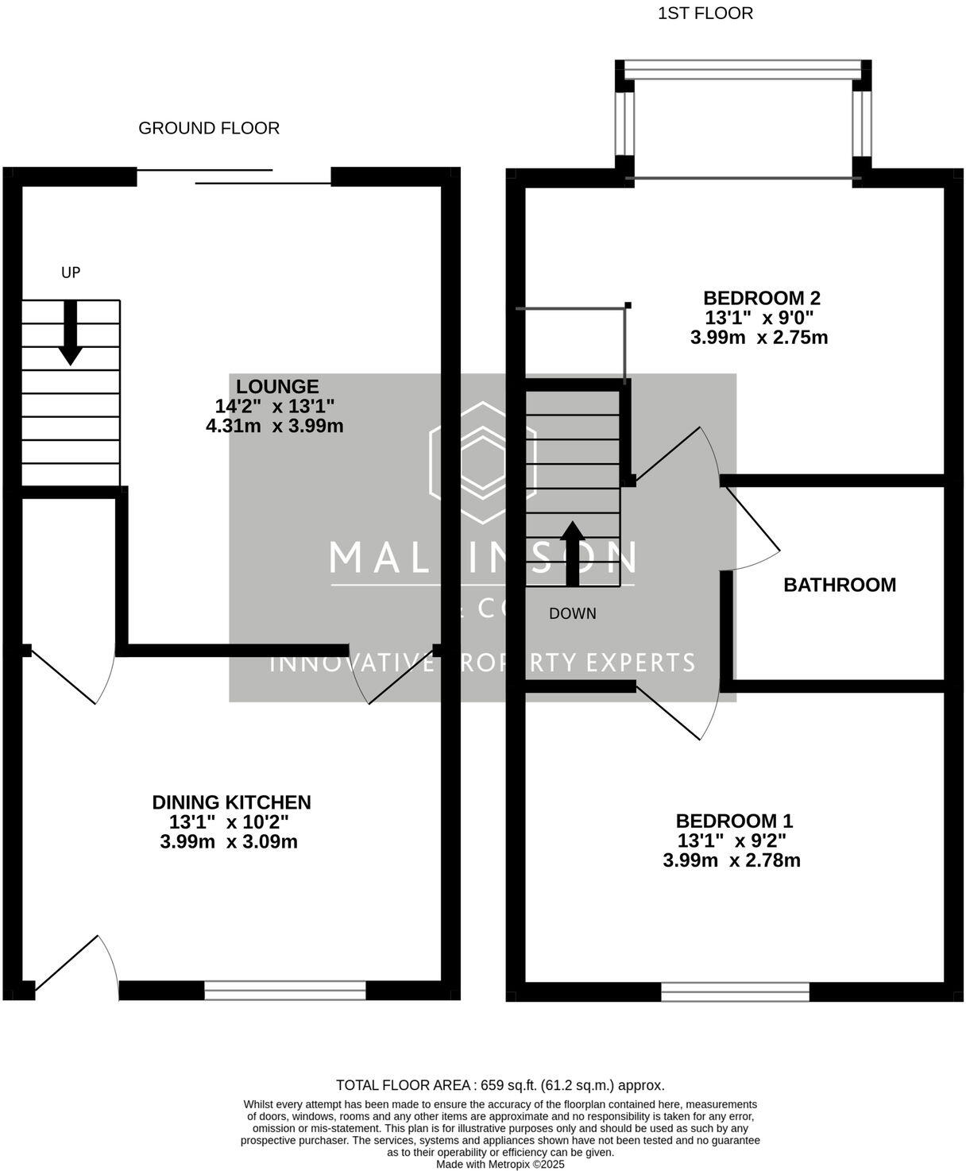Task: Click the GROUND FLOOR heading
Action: tap(209, 128)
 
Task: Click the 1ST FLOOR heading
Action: tap(705, 14)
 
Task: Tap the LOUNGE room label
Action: tap(277, 387)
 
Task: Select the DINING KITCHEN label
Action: tap(231, 802)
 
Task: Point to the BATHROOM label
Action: tap(839, 585)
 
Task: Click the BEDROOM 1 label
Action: tap(733, 821)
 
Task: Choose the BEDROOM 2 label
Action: tap(761, 298)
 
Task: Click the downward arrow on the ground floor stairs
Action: tap(71, 333)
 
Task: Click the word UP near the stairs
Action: tap(71, 272)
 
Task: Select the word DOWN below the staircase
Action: tap(572, 613)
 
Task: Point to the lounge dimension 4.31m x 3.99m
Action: tap(274, 426)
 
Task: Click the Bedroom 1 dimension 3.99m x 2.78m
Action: tap(731, 860)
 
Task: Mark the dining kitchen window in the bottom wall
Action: tap(284, 990)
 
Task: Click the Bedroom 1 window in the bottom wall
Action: tap(735, 991)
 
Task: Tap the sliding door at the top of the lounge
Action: tap(234, 176)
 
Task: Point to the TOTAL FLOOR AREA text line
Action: tap(500, 1085)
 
